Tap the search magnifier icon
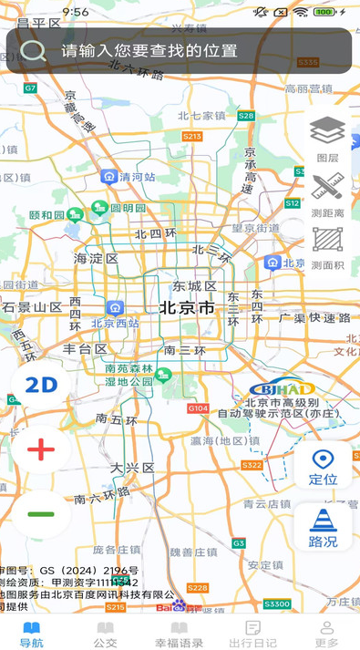[x=33, y=50]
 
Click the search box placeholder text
[x=149, y=51]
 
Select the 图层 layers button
[x=327, y=137]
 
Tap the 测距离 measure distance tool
[x=327, y=193]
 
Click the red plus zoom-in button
[x=41, y=449]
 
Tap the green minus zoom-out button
[x=41, y=513]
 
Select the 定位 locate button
[x=323, y=466]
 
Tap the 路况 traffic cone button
[x=323, y=527]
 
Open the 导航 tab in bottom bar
[x=32, y=634]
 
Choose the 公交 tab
[x=106, y=634]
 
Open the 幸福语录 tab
[x=180, y=634]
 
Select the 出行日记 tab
[x=253, y=634]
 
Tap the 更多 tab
[x=326, y=634]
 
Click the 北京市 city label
[x=188, y=308]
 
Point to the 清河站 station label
[x=137, y=177]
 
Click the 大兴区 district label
[x=133, y=468]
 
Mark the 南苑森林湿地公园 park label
[x=129, y=375]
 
